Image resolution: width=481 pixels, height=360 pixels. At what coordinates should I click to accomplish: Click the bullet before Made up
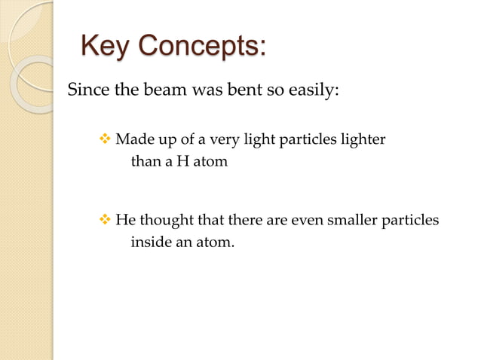tap(105, 139)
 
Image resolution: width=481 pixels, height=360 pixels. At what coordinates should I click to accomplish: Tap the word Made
tap(132, 139)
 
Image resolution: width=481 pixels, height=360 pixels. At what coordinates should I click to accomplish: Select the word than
tap(145, 161)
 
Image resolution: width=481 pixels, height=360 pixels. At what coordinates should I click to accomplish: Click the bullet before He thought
tap(105, 221)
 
